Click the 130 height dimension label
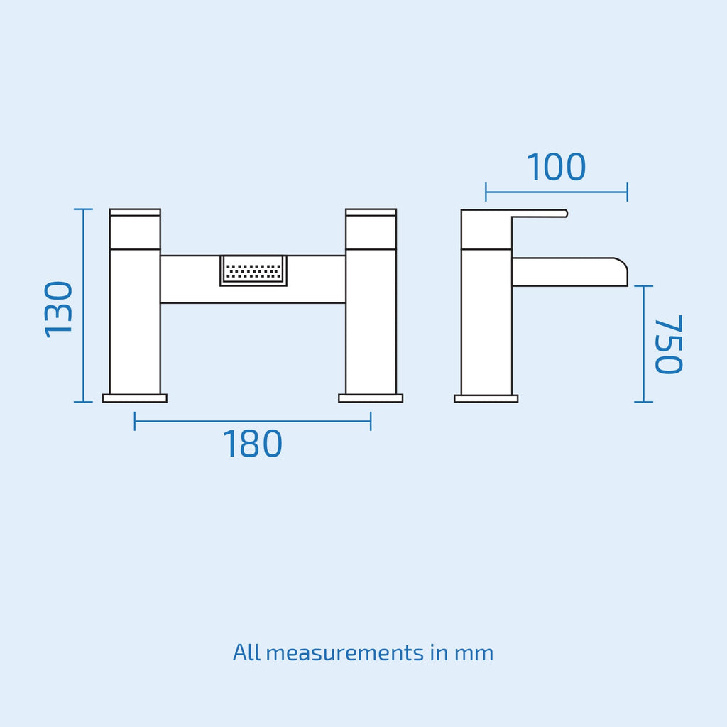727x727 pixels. pos(58,310)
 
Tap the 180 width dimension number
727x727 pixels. pos(253,444)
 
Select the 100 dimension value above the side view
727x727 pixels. pos(557,167)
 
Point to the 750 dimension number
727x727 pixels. pos(668,344)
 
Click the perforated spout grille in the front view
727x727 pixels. pos(253,270)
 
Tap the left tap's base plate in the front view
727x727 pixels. pos(135,398)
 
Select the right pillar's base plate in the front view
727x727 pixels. pos(371,398)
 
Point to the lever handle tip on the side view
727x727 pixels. pos(566,213)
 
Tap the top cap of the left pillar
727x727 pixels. pos(135,212)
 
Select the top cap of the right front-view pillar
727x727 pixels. pos(371,212)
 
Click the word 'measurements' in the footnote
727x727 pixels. pos(345,653)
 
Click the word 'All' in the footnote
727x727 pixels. pos(246,652)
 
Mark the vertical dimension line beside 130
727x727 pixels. pos(84,305)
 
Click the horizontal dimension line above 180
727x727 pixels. pos(253,421)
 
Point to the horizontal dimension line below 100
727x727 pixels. pos(557,192)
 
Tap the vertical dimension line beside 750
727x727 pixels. pos(643,344)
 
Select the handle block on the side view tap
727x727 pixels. pos(486,229)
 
